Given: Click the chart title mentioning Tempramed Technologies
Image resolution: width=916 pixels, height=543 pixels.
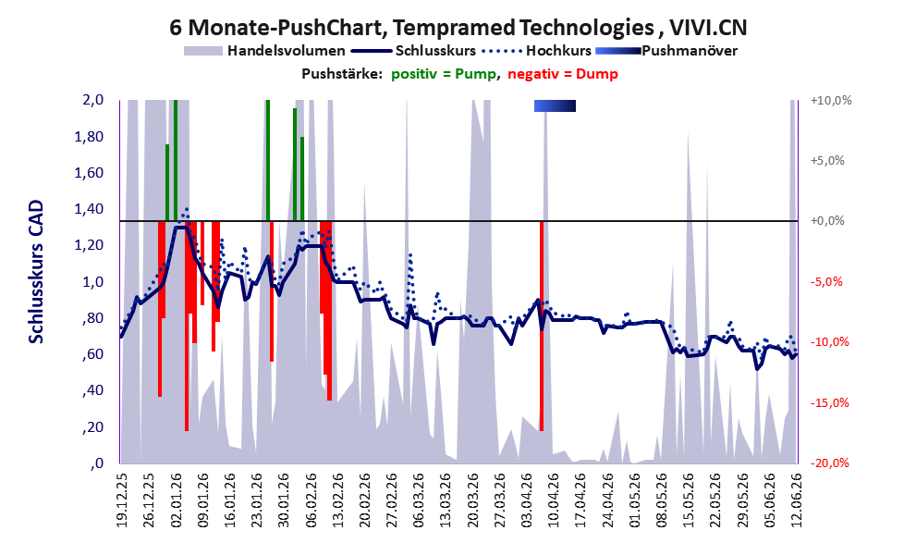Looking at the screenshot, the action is pos(458,27).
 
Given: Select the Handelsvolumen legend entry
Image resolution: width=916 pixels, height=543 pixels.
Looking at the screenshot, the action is pos(264,51).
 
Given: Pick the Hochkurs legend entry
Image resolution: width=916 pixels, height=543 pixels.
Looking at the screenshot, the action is pos(537,51).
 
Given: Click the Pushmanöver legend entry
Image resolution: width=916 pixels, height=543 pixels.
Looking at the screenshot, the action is pos(666,51).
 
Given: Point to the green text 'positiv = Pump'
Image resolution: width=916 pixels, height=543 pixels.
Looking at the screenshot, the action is pos(444,74).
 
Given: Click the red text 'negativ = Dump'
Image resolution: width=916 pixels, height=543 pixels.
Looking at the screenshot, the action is pos(563,74).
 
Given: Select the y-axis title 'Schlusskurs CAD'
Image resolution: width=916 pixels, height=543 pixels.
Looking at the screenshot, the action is pos(36,272).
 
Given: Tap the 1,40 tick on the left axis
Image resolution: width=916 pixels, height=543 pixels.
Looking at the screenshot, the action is pos(89,209).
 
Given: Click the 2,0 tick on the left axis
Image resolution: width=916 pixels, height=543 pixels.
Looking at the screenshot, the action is pos(92,100).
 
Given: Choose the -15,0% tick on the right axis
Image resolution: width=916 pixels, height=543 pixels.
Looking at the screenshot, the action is pos(830,402).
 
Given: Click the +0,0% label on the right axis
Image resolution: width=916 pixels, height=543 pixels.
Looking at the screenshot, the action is pos(827,221).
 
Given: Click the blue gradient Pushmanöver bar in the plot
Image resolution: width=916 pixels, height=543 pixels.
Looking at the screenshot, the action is pos(555,105).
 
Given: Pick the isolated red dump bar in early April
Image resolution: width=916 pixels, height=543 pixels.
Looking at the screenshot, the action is pos(542,327).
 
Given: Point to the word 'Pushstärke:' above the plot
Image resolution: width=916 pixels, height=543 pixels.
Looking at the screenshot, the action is pos(342,74).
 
